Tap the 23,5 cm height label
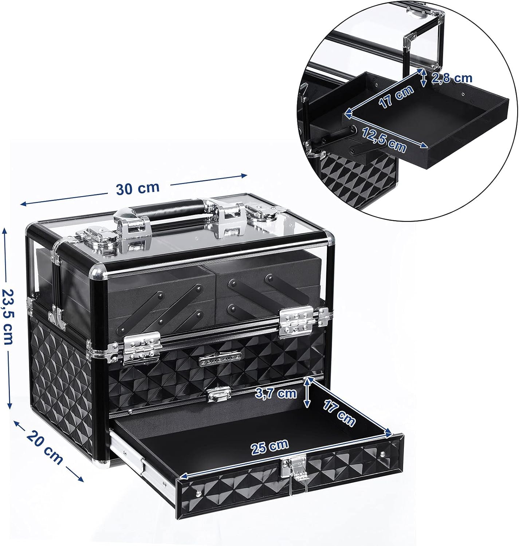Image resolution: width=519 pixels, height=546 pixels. click(x=8, y=317)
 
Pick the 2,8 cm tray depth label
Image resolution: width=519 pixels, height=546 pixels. click(x=452, y=78)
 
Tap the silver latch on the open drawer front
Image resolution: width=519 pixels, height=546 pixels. click(x=295, y=470)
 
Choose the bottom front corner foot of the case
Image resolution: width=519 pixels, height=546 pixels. click(x=105, y=463)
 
